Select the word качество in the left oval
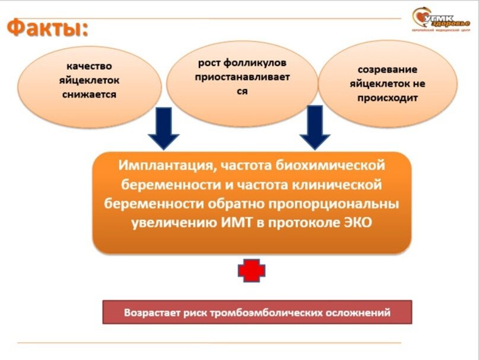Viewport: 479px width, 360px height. point(90,66)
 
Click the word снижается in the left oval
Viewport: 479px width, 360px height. point(89,94)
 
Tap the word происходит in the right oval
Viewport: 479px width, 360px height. point(388,98)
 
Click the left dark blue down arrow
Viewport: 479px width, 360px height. point(163,128)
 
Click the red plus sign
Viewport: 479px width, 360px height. point(252,271)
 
